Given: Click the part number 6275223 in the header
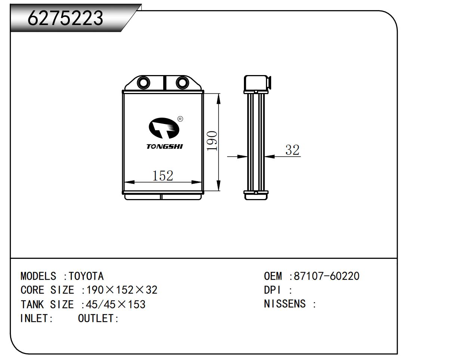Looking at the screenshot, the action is point(65,18).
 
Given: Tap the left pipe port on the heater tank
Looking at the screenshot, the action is point(143,83).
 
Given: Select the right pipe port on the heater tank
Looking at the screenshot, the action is point(182,83).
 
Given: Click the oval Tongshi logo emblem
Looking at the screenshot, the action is point(164,128).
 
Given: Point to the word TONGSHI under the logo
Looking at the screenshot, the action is point(165,146).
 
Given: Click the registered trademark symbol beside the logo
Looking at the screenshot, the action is point(180,119).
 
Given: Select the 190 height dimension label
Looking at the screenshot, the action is point(212,141).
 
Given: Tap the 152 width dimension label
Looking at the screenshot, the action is point(162,176).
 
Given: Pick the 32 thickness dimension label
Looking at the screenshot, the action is point(292,150).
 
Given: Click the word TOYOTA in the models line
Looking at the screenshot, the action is point(86,276).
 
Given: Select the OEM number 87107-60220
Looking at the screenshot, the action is point(326,276).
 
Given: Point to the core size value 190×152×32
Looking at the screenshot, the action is point(122,290).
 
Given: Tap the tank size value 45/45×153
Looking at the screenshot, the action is point(116,304).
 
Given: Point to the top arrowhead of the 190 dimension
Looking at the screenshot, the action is point(219,99).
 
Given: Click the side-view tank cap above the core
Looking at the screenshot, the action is point(257,83).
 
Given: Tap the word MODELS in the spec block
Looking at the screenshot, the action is point(38,276).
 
